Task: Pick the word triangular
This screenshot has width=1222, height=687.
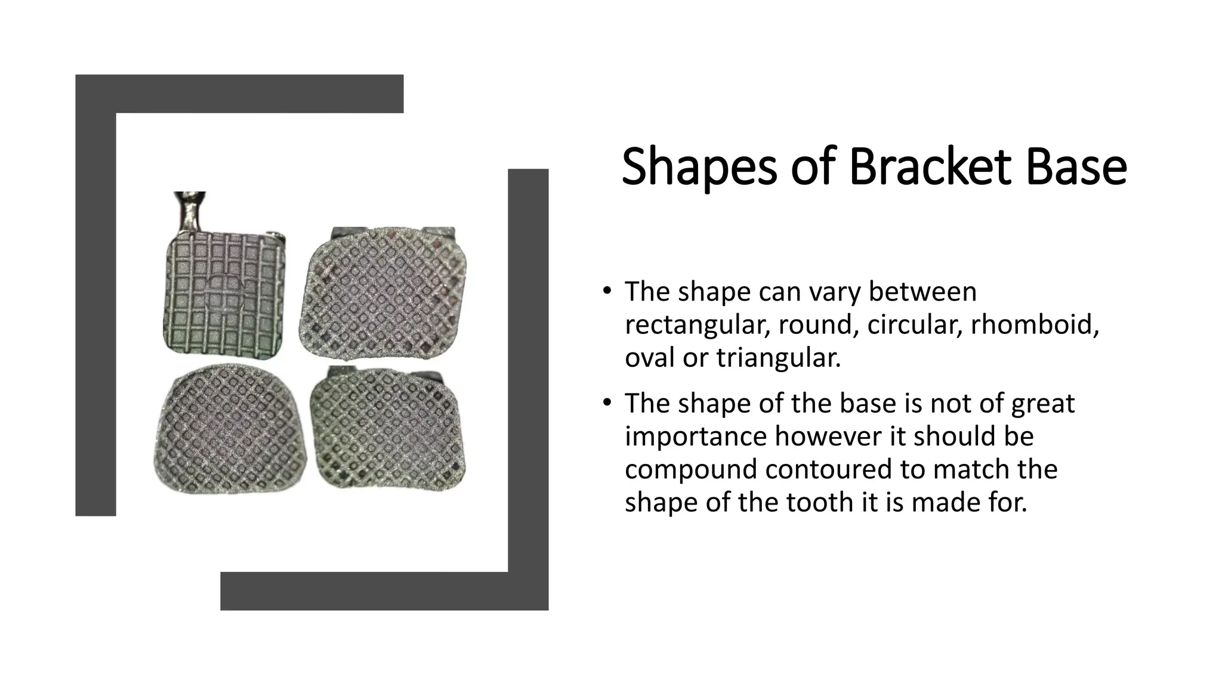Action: pyautogui.click(x=778, y=358)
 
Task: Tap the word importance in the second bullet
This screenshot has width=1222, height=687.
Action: pyautogui.click(x=695, y=437)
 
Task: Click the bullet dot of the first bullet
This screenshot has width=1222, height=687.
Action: pyautogui.click(x=606, y=292)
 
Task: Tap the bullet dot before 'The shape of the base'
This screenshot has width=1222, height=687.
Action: pyautogui.click(x=606, y=404)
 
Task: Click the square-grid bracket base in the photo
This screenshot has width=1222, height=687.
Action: pyautogui.click(x=224, y=294)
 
